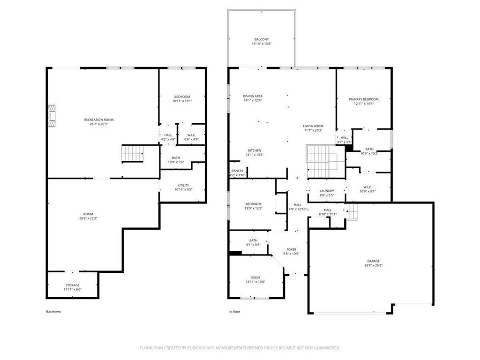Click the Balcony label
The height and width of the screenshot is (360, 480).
(262, 39)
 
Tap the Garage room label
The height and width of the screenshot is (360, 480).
(373, 261)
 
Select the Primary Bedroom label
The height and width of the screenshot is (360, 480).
(363, 99)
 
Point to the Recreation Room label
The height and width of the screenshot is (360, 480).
(98, 120)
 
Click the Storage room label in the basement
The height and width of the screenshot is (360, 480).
(72, 285)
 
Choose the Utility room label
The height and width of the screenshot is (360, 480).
(183, 185)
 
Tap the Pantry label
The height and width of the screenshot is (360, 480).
(237, 171)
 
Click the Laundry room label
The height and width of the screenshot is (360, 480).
(326, 191)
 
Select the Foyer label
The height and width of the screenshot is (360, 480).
(291, 249)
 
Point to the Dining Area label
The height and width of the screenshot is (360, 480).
(252, 96)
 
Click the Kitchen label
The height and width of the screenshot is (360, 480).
(254, 150)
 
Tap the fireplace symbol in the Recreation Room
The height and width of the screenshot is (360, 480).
(51, 115)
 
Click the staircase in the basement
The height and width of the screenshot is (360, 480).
(132, 153)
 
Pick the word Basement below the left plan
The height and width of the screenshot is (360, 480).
(53, 311)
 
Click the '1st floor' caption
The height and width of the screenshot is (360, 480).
(234, 311)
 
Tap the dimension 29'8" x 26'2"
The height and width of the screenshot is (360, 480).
(373, 265)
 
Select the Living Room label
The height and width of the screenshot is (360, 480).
(313, 126)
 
